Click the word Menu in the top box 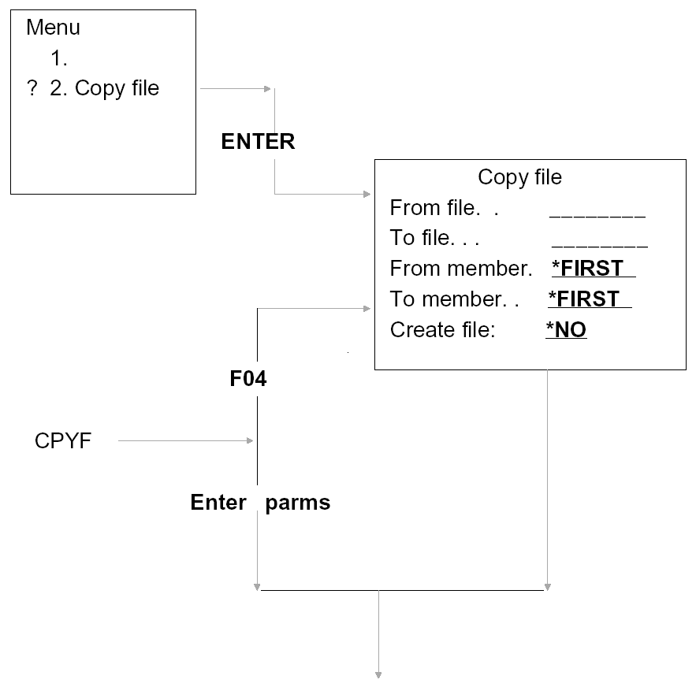click(53, 28)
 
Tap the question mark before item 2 click(32, 89)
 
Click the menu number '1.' click(59, 59)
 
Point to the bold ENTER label click(258, 142)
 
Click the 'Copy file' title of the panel click(519, 177)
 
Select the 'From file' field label click(445, 208)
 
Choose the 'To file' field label click(434, 238)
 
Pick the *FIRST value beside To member click(589, 299)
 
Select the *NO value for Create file click(566, 330)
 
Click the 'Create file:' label click(441, 330)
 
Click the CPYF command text click(63, 441)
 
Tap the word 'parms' click(297, 503)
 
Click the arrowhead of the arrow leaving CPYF click(251, 441)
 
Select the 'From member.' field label click(461, 269)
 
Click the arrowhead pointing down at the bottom click(379, 674)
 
